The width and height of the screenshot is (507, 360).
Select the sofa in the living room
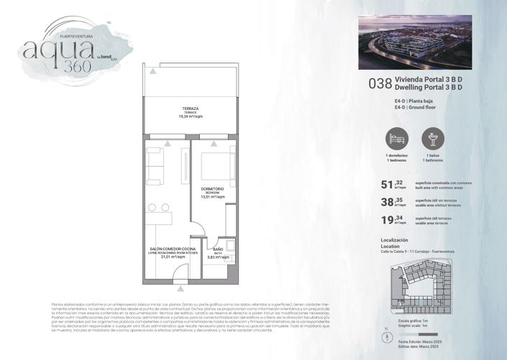pos(154,165)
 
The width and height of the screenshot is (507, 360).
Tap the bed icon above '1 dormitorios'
pos(396,138)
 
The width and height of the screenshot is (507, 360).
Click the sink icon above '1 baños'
pos(433,138)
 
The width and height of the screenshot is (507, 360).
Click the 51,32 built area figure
pos(392,185)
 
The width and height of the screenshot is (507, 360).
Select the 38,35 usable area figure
pos(392,203)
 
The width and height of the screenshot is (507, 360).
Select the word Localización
pos(394,239)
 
